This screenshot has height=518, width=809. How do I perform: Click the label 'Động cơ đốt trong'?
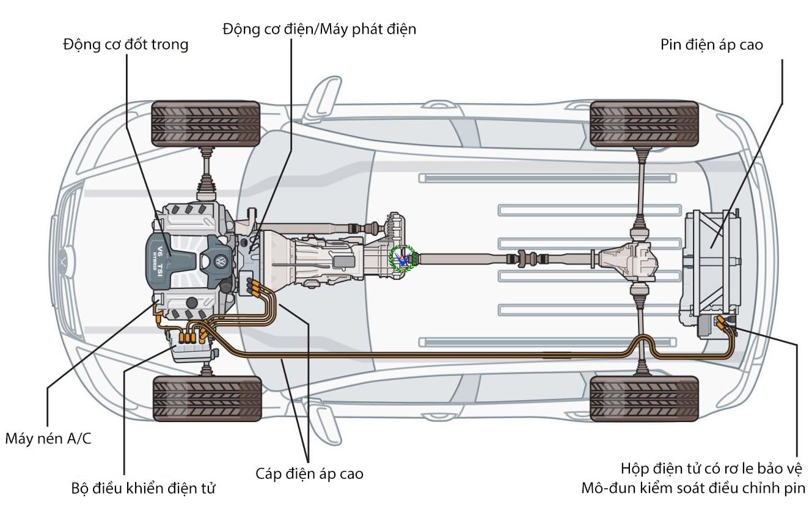(x=125, y=45)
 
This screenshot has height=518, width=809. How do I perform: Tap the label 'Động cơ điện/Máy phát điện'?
(x=319, y=29)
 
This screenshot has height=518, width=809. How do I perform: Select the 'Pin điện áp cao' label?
(x=712, y=45)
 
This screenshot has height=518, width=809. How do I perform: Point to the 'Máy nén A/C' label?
(x=48, y=439)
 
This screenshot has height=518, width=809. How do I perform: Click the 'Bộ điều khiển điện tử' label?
(x=143, y=489)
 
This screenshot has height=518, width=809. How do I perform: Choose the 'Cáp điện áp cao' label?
(x=309, y=473)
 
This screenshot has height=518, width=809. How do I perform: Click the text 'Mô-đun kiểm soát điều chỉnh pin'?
(x=694, y=489)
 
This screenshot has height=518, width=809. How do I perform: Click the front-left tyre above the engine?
(x=206, y=123)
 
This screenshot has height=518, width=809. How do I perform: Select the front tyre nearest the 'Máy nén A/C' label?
(x=207, y=398)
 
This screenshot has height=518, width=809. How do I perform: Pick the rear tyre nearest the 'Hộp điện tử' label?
(x=644, y=398)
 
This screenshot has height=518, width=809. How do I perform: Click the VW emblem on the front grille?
(x=64, y=261)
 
